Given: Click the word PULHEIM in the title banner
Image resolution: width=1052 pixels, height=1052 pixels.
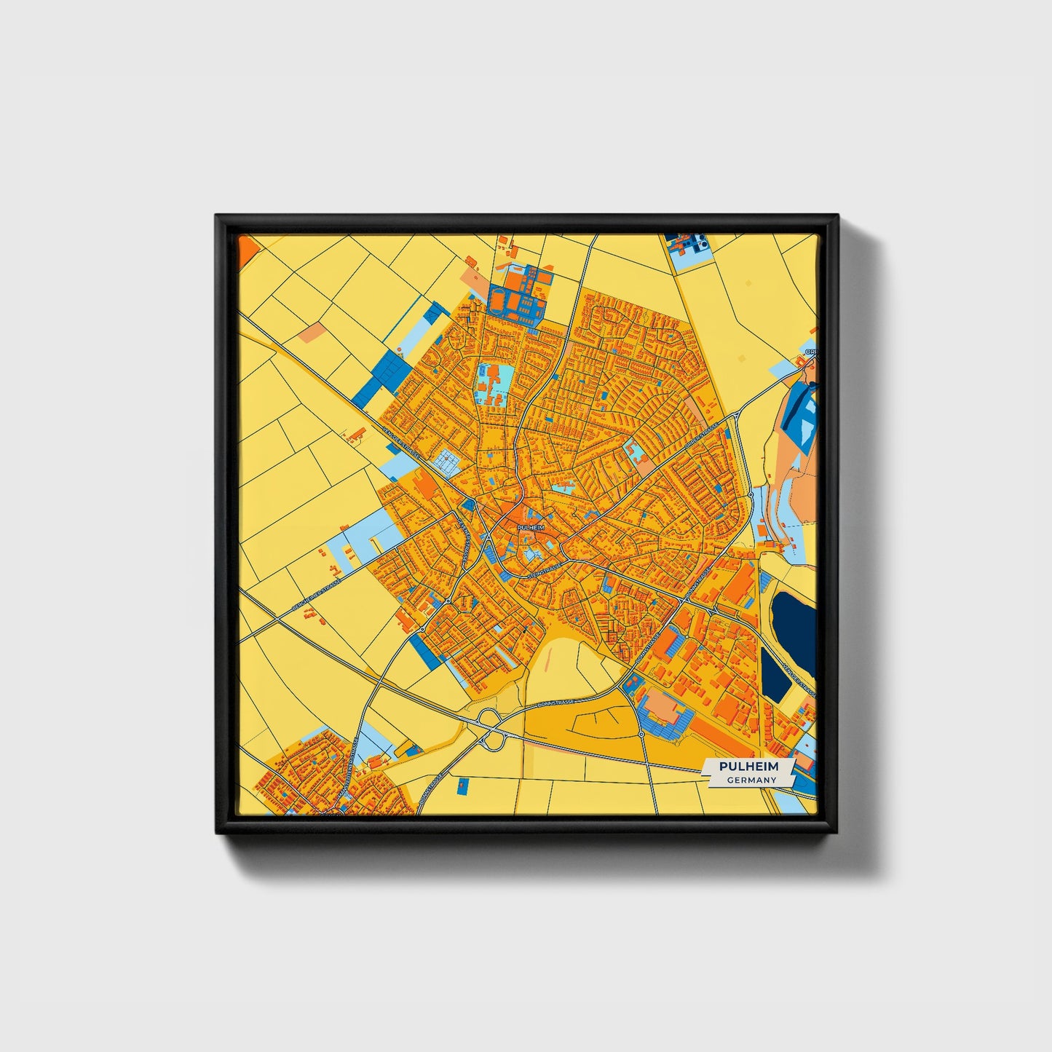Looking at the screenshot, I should (748, 767).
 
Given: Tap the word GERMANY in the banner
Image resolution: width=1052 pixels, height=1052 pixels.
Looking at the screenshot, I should (751, 780).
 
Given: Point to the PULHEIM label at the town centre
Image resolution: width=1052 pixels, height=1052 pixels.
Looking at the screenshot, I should (530, 527).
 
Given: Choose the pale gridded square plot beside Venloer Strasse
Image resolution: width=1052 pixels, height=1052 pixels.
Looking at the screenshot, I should (446, 461).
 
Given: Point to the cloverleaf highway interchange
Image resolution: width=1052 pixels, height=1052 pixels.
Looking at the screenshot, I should (490, 729).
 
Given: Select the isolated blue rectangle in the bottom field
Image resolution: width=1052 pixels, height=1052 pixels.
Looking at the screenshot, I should (462, 786).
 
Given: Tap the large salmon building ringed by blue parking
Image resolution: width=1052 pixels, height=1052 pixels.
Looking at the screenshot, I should (662, 705).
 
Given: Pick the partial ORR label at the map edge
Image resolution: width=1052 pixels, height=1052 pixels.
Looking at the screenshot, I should (810, 352).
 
